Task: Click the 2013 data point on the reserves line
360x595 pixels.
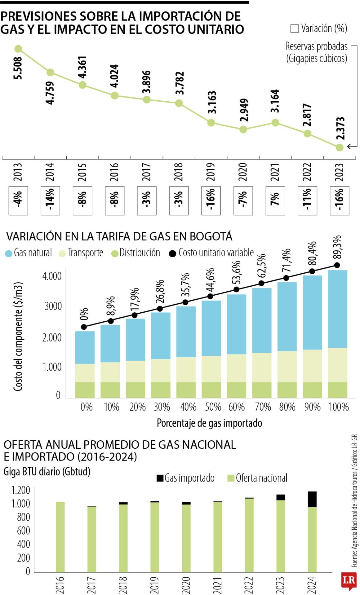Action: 18,49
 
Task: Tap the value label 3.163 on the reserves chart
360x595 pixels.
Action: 212,102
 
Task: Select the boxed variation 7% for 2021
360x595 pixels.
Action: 275,201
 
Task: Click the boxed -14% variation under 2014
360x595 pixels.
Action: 50,201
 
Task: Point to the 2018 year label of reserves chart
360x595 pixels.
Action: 179,172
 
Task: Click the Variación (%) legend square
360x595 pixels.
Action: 294,29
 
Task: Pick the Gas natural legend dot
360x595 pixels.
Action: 9,253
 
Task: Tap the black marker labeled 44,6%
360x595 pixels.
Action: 210,296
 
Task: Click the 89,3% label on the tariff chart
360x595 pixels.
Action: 337,247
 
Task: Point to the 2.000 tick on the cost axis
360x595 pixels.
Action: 52,337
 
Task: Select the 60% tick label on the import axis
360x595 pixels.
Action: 237,407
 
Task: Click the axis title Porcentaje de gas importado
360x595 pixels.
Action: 209,423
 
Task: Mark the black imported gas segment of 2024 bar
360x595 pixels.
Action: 312,499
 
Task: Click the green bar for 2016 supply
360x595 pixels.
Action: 60,537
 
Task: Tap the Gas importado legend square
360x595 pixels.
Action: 160,478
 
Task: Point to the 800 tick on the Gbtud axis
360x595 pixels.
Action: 24,517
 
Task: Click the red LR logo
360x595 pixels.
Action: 349,580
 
